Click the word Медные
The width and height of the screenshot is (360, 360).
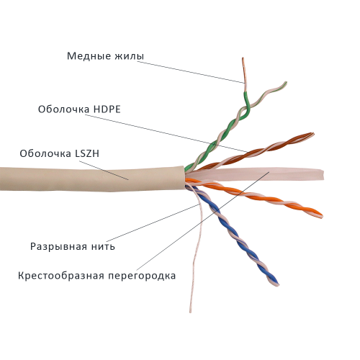pos(89,56)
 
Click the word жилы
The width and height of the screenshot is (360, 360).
pos(130,56)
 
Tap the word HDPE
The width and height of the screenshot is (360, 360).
pos(107,109)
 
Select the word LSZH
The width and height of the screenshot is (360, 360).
pos(87,153)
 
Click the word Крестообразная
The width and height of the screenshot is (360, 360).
pos(61,276)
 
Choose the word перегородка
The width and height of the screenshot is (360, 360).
pos(142,276)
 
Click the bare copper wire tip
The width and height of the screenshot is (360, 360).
pos(244,74)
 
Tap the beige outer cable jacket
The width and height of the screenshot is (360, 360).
pos(92,179)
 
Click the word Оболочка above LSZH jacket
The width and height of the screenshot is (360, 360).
pos(45,153)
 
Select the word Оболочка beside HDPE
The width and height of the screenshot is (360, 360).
pos(63,109)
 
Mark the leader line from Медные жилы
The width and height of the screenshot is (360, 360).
pos(191,72)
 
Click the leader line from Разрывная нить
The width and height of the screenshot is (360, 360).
pos(153,222)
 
